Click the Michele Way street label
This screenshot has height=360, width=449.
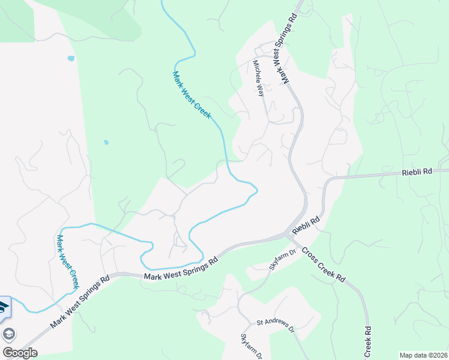pos(259,78)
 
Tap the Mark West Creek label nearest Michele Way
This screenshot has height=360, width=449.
pos(192,95)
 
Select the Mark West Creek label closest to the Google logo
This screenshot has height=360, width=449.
pos(67,262)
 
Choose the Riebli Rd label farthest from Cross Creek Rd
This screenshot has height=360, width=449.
pos(416,172)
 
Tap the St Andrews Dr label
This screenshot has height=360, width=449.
pos(276,326)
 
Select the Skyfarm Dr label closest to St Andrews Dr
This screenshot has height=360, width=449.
pos(252,346)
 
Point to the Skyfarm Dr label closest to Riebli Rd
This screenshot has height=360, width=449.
pos(283,259)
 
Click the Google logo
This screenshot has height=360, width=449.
pos(20,353)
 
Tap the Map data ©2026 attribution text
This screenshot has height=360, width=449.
pos(423,355)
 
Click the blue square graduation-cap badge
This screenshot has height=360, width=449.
pos(4,307)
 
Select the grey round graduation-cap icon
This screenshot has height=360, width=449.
pos(9,334)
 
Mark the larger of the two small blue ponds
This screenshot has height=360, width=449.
pos(71,58)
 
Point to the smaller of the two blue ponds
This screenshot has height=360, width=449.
pos(106,142)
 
